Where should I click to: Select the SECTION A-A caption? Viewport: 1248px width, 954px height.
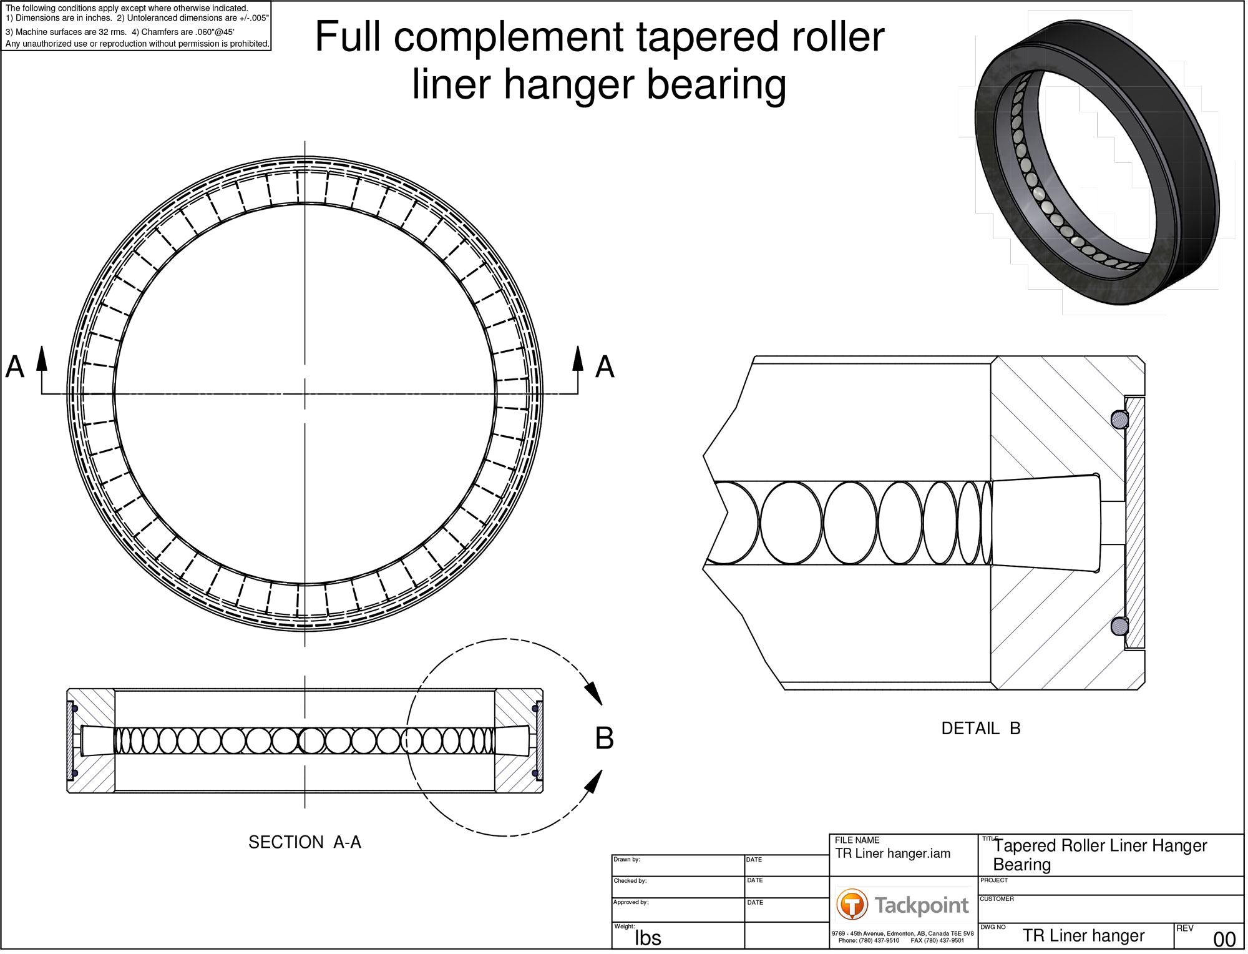coord(306,845)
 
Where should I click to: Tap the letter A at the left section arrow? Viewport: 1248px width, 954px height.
coord(15,368)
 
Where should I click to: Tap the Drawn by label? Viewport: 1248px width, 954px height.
coord(628,862)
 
